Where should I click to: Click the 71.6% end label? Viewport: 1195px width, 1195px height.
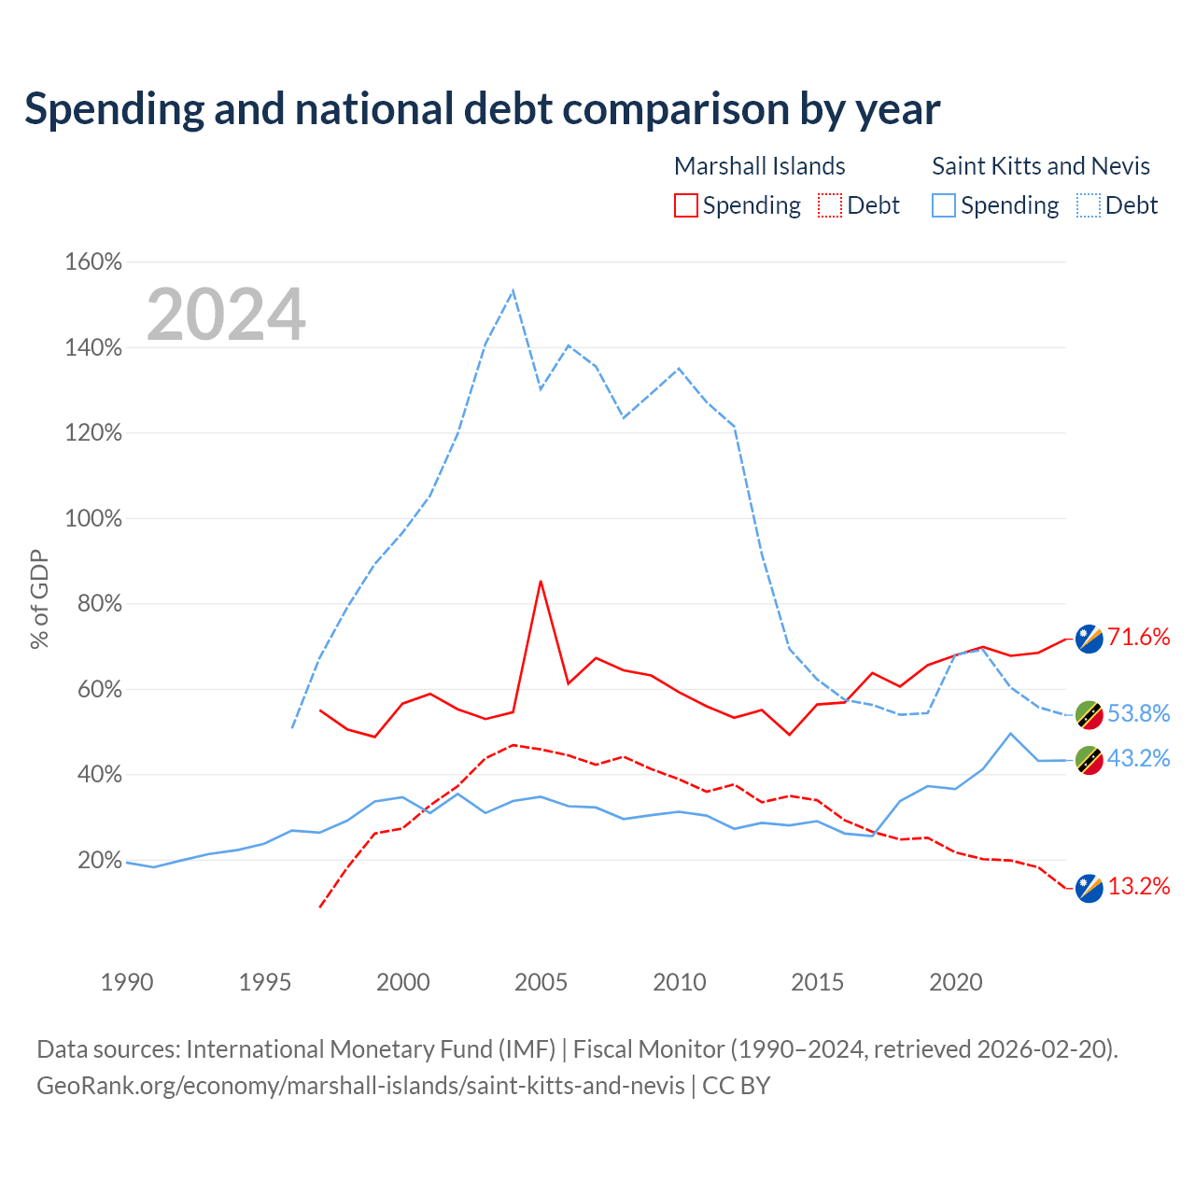click(1138, 637)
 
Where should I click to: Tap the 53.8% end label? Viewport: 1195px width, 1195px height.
click(1138, 713)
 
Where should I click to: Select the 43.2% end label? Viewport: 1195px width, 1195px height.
click(1138, 758)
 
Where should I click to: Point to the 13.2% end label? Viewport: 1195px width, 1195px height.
click(1138, 886)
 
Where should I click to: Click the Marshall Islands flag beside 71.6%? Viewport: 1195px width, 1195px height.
click(1089, 640)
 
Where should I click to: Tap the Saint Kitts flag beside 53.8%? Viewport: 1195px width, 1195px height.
click(1089, 716)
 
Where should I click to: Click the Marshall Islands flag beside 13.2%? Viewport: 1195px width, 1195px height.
click(1089, 889)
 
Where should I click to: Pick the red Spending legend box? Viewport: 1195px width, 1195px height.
click(686, 205)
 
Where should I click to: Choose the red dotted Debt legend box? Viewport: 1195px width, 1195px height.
click(830, 205)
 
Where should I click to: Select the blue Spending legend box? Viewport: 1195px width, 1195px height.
click(944, 205)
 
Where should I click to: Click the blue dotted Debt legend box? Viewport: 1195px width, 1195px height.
click(1089, 205)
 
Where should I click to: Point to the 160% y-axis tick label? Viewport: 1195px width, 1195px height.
click(93, 261)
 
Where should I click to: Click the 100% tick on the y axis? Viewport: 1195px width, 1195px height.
click(93, 518)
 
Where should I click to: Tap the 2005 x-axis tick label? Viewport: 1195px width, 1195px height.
click(541, 982)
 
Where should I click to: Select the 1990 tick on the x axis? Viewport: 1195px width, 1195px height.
click(127, 982)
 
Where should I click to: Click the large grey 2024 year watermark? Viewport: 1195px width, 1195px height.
click(226, 314)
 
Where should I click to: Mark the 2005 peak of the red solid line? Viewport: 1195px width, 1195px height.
click(541, 582)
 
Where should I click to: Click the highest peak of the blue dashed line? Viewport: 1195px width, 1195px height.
click(513, 291)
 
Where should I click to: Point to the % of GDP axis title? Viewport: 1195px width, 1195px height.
click(39, 599)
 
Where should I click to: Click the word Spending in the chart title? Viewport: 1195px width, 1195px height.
click(115, 110)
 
